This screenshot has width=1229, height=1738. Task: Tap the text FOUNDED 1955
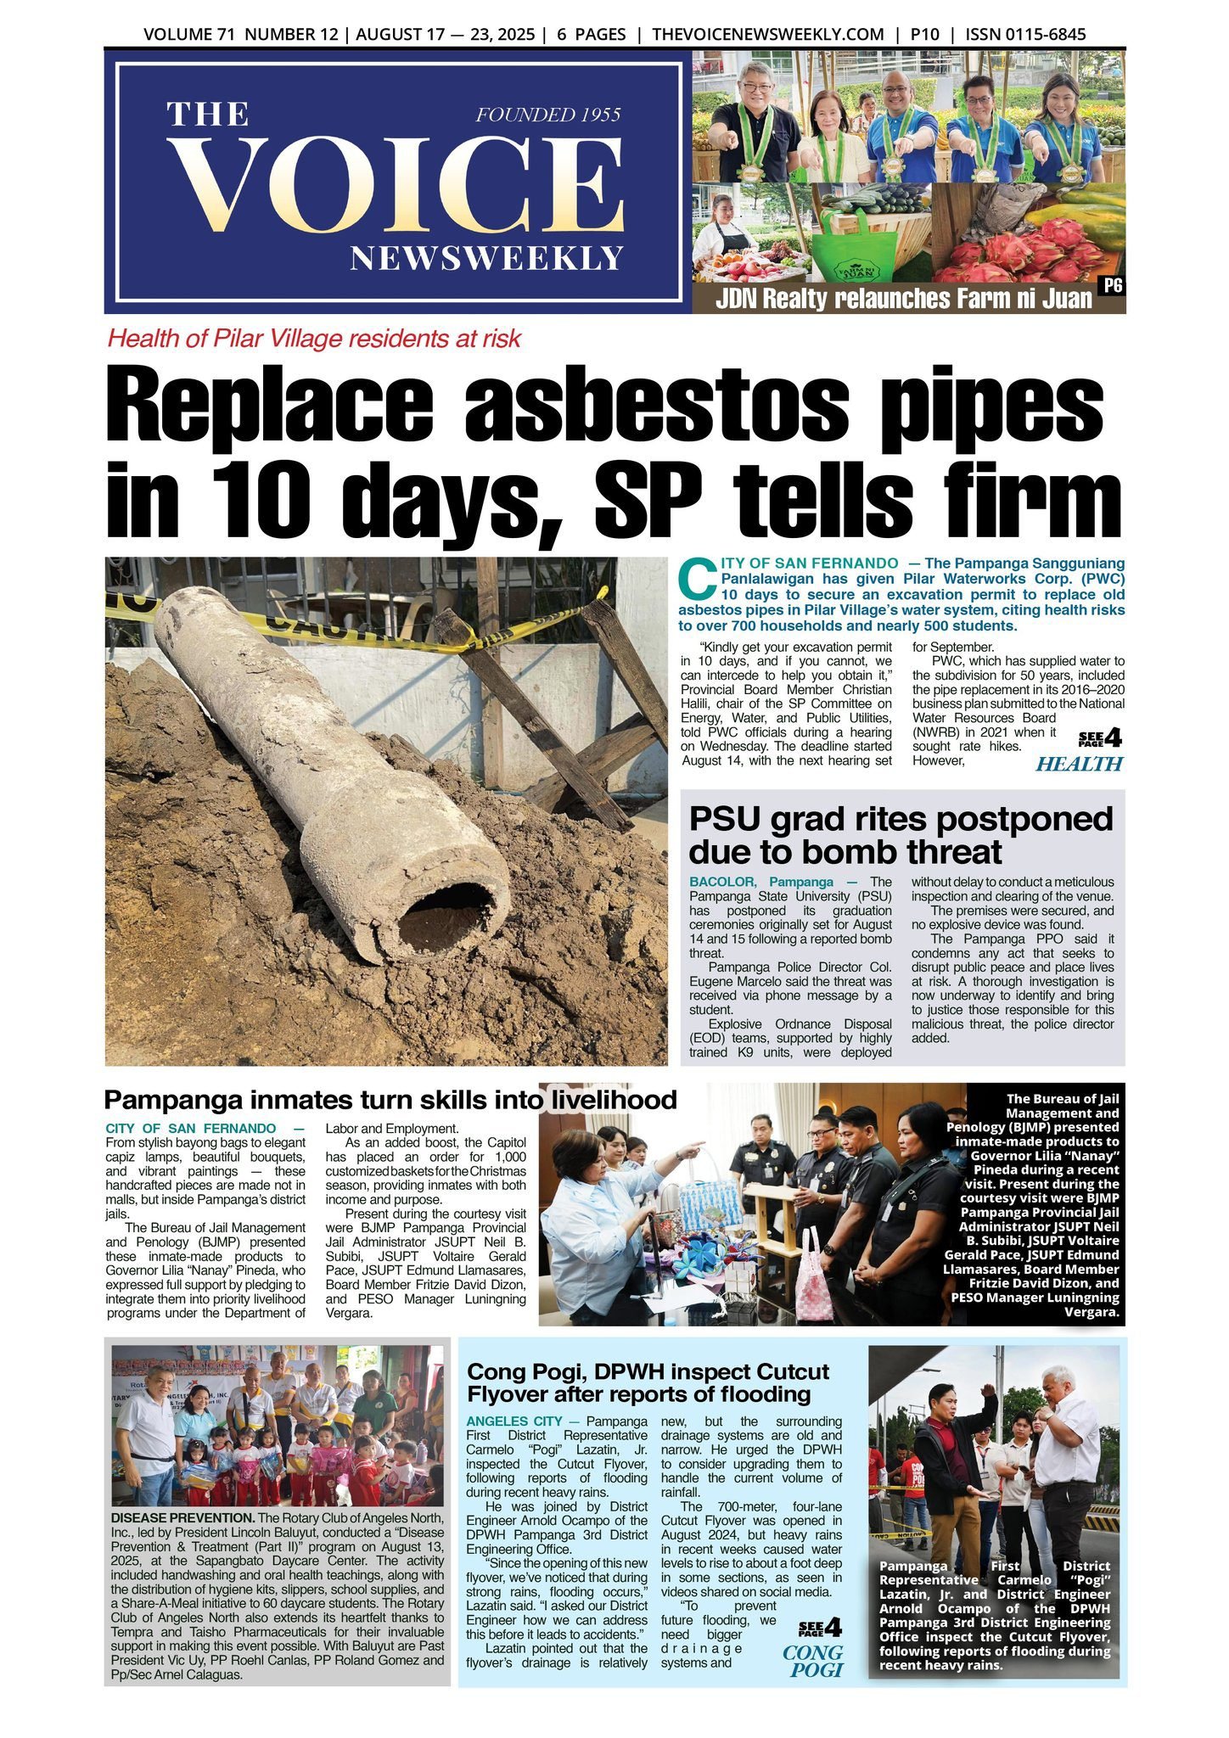coord(548,115)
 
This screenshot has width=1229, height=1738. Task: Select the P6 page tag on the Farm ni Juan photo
coord(1111,286)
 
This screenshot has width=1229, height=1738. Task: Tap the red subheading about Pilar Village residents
coord(314,339)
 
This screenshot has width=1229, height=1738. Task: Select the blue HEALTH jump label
coord(1079,764)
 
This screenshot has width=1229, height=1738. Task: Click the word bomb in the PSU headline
coord(862,851)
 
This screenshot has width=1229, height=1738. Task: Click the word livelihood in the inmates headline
coord(612,1100)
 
